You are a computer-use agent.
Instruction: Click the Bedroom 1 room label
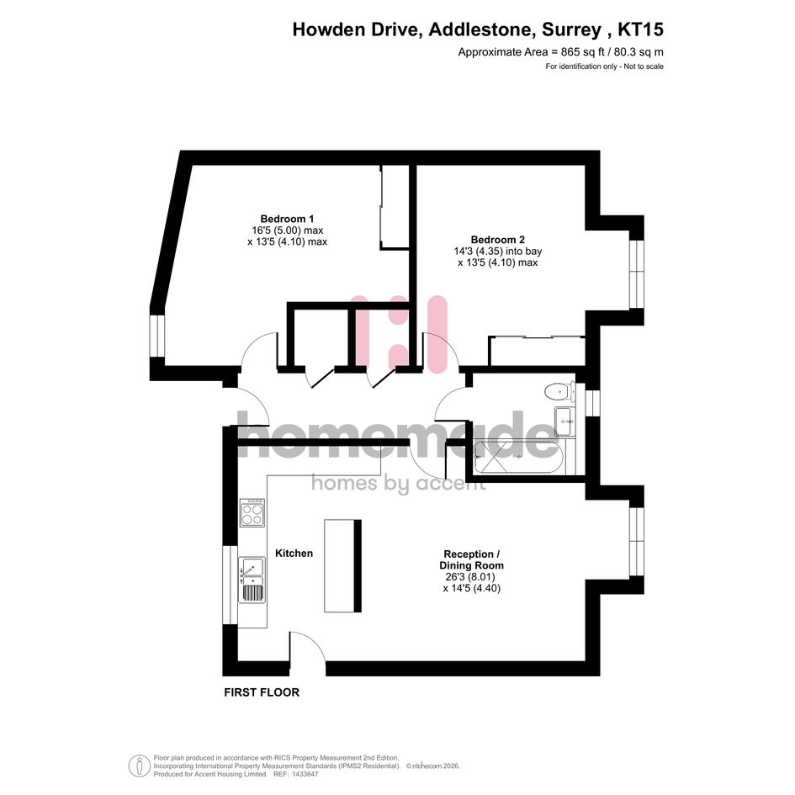[287, 219]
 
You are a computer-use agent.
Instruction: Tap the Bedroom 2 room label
[497, 240]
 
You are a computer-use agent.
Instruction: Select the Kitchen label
[294, 554]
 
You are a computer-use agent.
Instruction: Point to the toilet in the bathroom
[559, 391]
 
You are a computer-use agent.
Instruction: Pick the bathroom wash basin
[564, 421]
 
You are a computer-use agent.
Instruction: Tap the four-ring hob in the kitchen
[252, 512]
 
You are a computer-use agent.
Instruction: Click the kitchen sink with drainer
[252, 580]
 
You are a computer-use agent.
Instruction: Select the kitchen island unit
[342, 566]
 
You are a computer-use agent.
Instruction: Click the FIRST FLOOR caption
[262, 692]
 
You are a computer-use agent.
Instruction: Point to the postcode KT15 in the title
[640, 30]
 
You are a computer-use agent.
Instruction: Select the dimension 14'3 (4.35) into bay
[498, 251]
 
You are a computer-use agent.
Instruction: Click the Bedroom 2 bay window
[636, 273]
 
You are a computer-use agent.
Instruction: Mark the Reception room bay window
[636, 542]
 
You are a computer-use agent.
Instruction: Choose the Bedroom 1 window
[157, 337]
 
